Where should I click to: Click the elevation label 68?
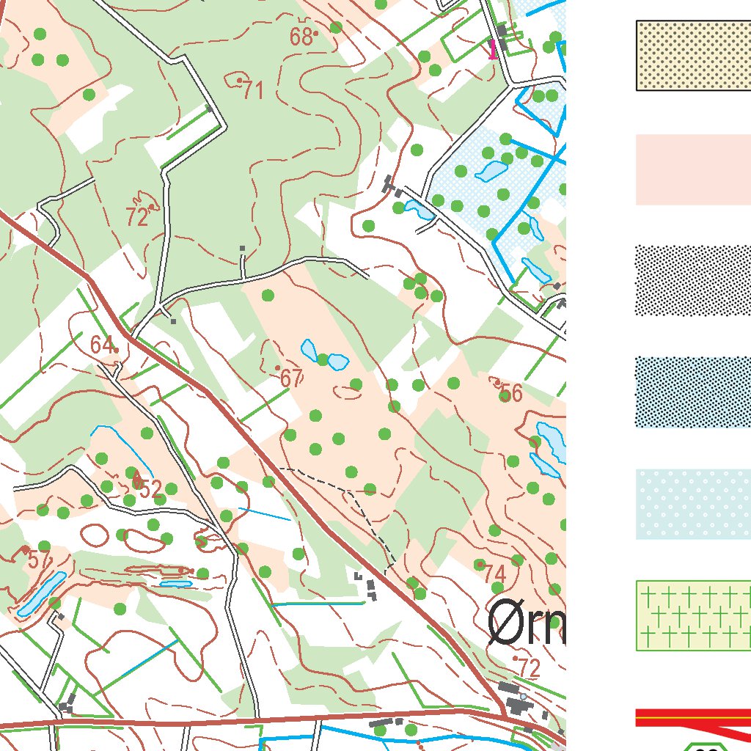coord(301,37)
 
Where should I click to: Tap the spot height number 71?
coord(253,91)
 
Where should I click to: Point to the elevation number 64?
coord(103,345)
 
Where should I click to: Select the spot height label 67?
coord(291,378)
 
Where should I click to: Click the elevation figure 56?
coord(510,394)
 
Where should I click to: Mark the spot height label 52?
coord(150,489)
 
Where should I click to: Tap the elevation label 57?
coord(39,560)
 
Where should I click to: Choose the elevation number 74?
coord(495,574)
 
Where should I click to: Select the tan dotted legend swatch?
coord(693,56)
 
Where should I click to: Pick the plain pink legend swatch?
coord(693,169)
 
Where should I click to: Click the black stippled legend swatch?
coord(693,281)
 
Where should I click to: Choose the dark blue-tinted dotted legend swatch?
coord(693,392)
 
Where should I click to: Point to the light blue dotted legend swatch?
coord(693,505)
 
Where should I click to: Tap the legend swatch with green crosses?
coord(693,616)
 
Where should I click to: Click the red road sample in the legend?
coord(693,717)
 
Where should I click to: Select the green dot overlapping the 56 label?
coord(505,397)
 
